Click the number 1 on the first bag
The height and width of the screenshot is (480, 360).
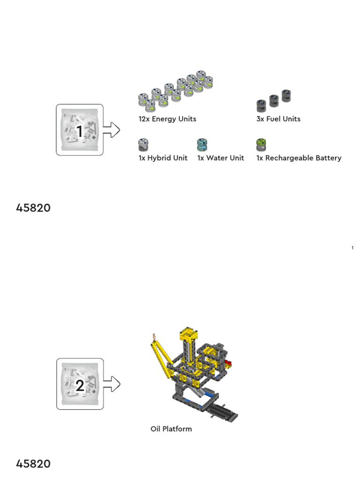click(80, 132)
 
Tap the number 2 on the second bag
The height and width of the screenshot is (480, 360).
click(80, 386)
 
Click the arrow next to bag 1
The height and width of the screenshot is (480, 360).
click(112, 130)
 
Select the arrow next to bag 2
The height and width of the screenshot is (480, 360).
click(112, 384)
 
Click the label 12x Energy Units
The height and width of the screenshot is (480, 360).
click(167, 119)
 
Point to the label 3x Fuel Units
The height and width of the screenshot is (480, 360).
click(278, 119)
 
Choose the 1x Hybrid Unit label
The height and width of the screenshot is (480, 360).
click(163, 158)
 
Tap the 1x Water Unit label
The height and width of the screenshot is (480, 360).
click(220, 158)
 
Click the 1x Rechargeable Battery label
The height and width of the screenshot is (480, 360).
click(299, 158)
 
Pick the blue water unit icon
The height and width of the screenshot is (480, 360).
click(202, 144)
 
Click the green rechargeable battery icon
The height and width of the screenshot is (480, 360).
click(261, 144)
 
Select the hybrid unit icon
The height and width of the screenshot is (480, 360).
click(143, 144)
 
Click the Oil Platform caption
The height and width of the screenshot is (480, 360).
click(171, 429)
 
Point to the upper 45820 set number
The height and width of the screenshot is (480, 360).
click(33, 208)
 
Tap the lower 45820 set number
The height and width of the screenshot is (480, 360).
click(33, 464)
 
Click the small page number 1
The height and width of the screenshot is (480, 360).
click(352, 248)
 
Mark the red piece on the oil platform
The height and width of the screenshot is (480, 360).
click(228, 363)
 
